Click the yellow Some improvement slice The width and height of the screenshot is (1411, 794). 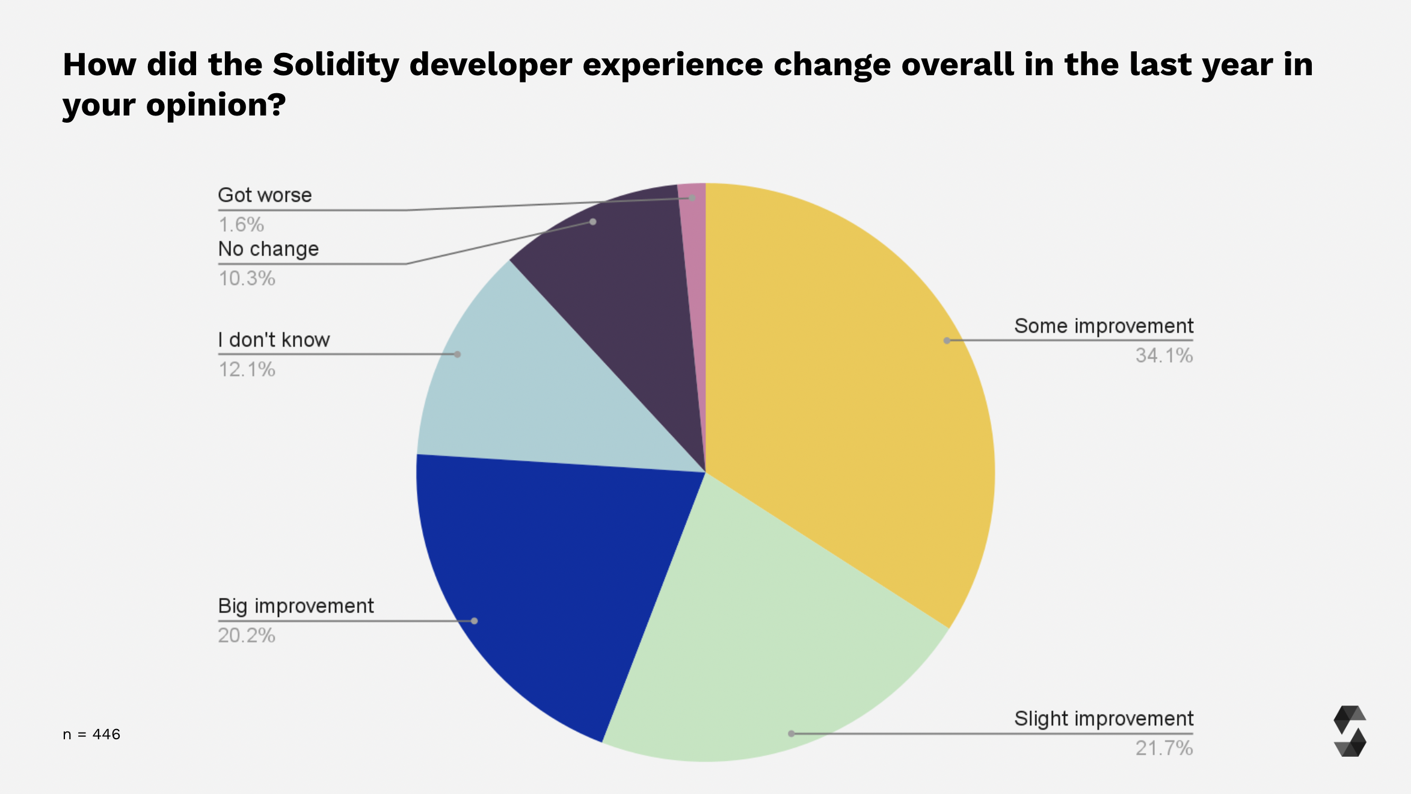coord(842,391)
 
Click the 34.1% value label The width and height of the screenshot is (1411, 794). coord(1164,355)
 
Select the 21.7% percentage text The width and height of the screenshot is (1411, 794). coord(1164,748)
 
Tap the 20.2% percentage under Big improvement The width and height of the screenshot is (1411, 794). coord(247,636)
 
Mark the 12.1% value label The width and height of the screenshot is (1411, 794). coord(247,369)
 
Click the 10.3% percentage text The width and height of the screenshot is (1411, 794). coord(247,279)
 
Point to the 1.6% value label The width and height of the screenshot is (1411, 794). coord(241,225)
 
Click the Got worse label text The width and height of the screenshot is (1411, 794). coord(265,195)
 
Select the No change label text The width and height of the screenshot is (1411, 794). coord(268,249)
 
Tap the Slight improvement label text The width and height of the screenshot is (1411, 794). coord(1104,719)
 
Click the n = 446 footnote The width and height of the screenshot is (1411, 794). coord(91,734)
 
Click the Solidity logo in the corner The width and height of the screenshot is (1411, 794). coord(1350,731)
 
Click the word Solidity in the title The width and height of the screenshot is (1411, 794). coord(336,65)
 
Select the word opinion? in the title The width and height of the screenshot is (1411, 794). coord(216,105)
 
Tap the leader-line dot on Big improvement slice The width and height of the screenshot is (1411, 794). coord(474,621)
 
